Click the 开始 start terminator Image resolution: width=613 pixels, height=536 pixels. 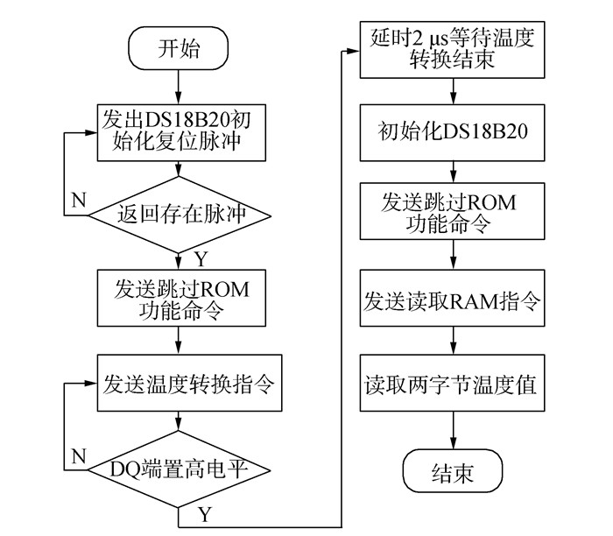tap(179, 48)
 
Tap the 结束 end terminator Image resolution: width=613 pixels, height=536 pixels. tap(453, 470)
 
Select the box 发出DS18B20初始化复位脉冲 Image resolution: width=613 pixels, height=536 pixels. tap(181, 132)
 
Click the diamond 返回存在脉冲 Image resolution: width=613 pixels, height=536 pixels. tap(180, 215)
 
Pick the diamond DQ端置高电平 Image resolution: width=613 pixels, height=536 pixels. tap(179, 469)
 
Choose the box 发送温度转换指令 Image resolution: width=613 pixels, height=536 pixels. tap(190, 383)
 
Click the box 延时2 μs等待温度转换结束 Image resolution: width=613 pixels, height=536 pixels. tap(453, 50)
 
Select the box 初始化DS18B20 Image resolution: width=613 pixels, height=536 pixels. tap(453, 132)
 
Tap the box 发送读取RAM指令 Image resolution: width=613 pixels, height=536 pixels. tap(453, 298)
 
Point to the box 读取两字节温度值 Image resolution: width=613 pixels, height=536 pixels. tap(453, 383)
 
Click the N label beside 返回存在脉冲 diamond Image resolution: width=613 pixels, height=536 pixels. tap(79, 201)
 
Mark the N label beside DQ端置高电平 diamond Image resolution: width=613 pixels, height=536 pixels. tap(79, 455)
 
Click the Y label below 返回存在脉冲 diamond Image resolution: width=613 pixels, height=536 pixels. tap(201, 259)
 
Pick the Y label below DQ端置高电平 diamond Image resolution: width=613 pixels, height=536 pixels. tap(205, 514)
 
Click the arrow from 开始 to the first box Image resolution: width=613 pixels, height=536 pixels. tap(179, 88)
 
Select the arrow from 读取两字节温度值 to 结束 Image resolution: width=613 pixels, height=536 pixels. tap(453, 430)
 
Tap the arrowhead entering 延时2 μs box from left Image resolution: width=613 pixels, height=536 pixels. tap(354, 51)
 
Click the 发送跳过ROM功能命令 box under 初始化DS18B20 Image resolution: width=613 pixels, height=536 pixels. tap(453, 211)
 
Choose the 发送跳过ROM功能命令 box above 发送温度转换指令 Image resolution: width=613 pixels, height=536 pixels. tap(181, 298)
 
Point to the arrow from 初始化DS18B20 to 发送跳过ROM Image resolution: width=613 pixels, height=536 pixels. tap(453, 172)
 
